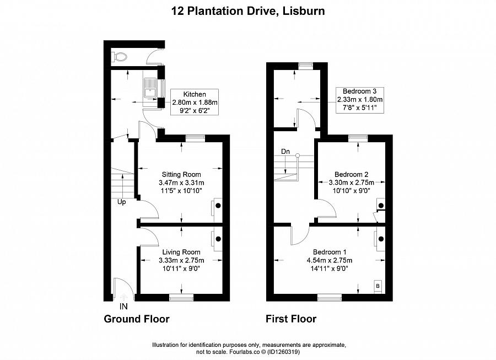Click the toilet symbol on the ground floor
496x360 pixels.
(120, 57)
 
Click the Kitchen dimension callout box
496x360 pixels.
(195, 102)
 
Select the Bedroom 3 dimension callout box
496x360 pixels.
(360, 100)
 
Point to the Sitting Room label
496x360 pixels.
(181, 174)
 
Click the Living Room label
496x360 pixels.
(181, 252)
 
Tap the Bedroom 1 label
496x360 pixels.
(330, 252)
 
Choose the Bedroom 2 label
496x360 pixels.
(352, 174)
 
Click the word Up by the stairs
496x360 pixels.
(122, 202)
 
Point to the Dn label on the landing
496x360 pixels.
(285, 152)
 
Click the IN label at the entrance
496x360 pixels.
(123, 306)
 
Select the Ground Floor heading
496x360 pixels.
(137, 319)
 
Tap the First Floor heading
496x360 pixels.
(291, 319)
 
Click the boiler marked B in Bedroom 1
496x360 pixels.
(378, 286)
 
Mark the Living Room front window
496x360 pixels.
(181, 297)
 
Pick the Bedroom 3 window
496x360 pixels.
(306, 66)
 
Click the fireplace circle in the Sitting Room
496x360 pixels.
(218, 206)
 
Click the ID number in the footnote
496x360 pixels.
(283, 352)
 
